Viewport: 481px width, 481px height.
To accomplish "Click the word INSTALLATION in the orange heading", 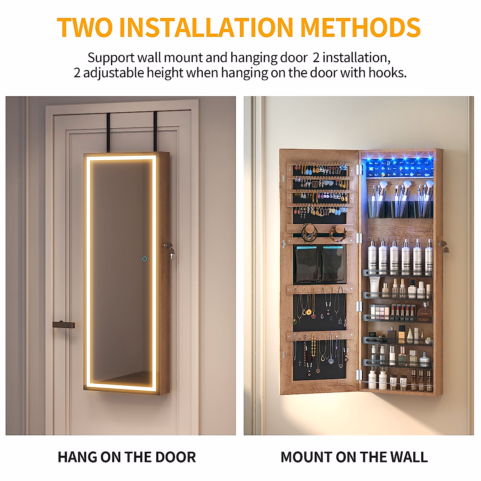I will point(206,27).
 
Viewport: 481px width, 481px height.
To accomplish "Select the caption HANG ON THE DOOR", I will point(127,457).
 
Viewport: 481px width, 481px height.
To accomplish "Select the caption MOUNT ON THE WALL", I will point(354,457).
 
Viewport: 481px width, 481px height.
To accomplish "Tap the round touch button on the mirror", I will point(144,259).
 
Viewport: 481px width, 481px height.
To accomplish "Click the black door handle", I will point(63,324).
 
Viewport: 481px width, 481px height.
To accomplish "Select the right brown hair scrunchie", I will point(338,232).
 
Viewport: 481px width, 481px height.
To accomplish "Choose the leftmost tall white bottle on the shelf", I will point(372,257).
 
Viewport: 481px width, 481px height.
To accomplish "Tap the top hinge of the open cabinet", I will point(359,169).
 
